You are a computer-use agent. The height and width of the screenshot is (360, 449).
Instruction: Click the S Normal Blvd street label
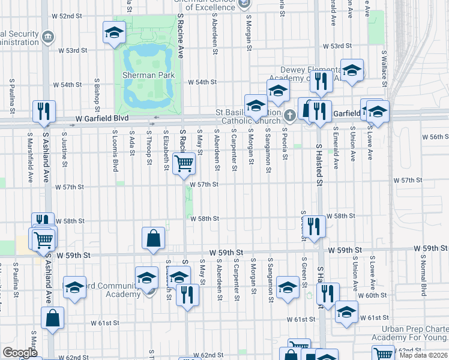tap(424, 281)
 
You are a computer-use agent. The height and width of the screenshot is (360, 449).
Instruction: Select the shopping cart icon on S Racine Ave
tap(184, 163)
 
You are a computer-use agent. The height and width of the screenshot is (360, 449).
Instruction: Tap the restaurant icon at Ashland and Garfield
tap(44, 110)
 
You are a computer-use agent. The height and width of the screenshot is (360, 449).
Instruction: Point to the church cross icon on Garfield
tap(290, 115)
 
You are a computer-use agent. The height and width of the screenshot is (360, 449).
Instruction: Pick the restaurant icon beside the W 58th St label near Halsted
tap(313, 226)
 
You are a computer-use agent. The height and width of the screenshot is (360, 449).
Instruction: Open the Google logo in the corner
tap(20, 353)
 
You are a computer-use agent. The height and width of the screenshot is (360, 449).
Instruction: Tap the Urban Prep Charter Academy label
tap(414, 333)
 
